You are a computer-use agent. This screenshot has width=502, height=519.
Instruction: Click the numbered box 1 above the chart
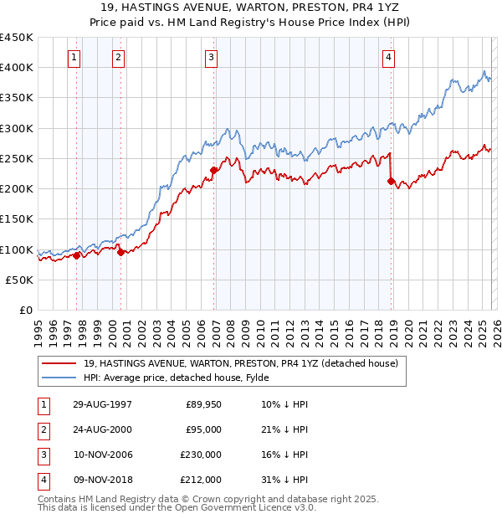click(x=75, y=58)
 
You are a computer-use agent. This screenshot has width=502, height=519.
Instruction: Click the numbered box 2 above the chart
click(x=119, y=58)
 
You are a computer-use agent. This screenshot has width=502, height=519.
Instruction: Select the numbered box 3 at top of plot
click(x=211, y=58)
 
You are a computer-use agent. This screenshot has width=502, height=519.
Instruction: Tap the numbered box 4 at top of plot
click(x=389, y=58)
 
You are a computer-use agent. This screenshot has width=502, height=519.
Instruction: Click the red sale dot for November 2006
click(x=213, y=170)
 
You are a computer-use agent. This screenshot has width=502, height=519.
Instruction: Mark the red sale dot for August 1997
click(x=77, y=255)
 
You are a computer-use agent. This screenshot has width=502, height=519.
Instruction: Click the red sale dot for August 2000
click(x=121, y=252)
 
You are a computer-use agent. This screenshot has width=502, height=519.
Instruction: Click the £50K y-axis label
click(x=20, y=280)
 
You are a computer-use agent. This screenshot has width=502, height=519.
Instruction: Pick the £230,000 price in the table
click(x=202, y=455)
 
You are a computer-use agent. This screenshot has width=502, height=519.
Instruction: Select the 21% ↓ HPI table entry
click(x=285, y=429)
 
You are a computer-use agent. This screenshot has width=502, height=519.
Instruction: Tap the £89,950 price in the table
click(x=204, y=404)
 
